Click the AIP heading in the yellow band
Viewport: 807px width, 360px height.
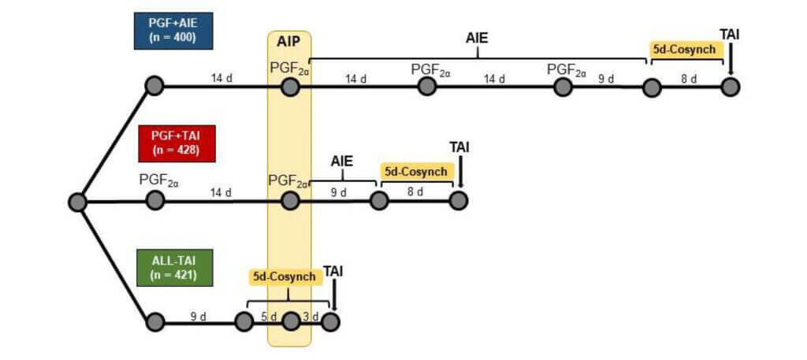pyautogui.click(x=289, y=42)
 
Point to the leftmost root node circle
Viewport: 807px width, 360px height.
pyautogui.click(x=77, y=202)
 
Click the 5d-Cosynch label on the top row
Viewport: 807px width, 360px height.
pyautogui.click(x=685, y=49)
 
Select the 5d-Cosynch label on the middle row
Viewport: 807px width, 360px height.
pyautogui.click(x=416, y=171)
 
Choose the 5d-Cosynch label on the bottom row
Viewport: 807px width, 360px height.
pyautogui.click(x=284, y=276)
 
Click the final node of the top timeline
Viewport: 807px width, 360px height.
pyautogui.click(x=731, y=86)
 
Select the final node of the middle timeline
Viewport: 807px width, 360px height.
pyautogui.click(x=459, y=201)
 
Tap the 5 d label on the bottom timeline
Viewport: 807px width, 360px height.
pyautogui.click(x=268, y=317)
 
